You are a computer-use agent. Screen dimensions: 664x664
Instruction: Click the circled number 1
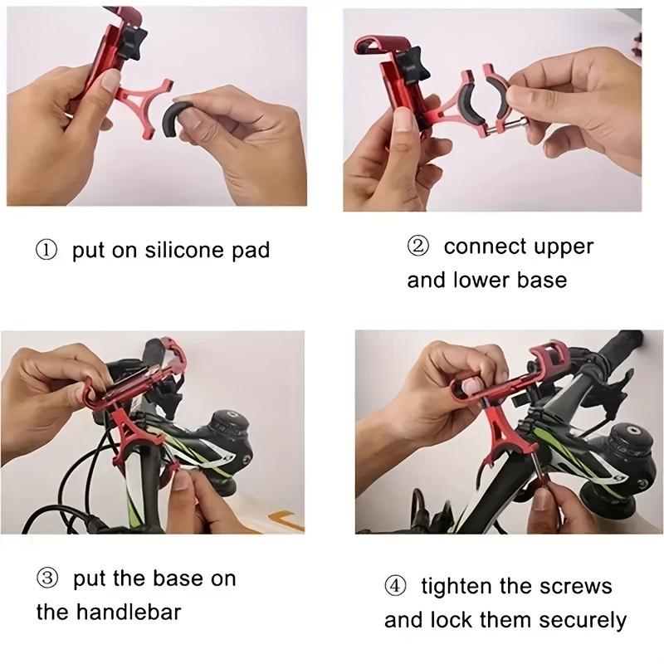(46, 250)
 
